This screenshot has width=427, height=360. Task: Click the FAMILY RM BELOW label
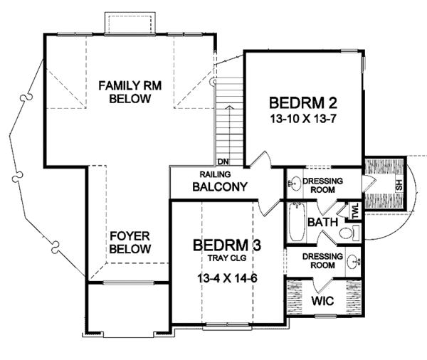pos(130,92)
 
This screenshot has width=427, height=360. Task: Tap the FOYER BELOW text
pos(130,242)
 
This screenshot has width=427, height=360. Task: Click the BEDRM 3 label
pos(227,245)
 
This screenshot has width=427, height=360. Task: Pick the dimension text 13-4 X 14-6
pos(227,277)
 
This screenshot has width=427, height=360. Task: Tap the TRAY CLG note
pos(226,258)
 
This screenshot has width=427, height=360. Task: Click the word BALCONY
pos(219,189)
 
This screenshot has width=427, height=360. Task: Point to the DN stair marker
pos(223,162)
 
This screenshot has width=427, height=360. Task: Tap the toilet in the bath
pos(347,233)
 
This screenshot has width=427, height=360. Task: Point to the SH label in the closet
pos(399,184)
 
